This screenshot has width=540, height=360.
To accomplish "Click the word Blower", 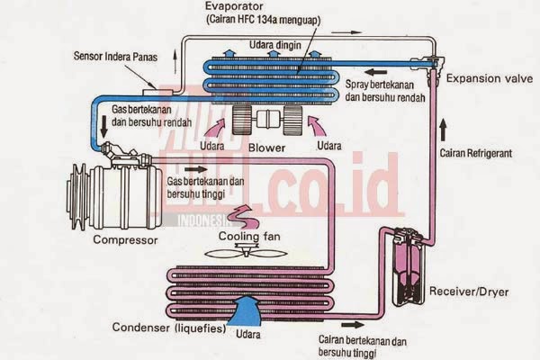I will coord(268,147).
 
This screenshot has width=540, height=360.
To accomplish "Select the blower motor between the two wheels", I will coord(268,119).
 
